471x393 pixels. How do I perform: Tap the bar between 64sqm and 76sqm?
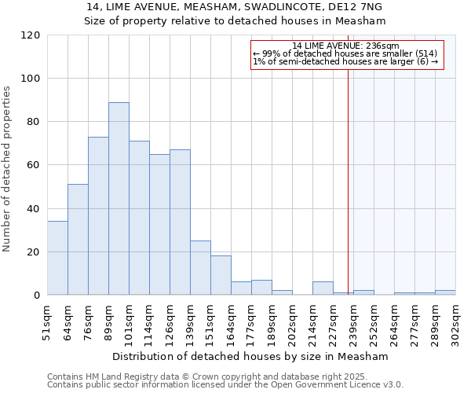pyautogui.click(x=78, y=240)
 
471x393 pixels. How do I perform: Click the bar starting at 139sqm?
pyautogui.click(x=200, y=268)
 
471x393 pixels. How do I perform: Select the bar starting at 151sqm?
pyautogui.click(x=221, y=275)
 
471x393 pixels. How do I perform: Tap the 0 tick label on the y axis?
pyautogui.click(x=36, y=296)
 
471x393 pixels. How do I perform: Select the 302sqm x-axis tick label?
pyautogui.click(x=455, y=321)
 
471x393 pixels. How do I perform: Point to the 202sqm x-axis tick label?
pyautogui.click(x=292, y=321)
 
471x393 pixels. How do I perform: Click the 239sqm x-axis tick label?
pyautogui.click(x=353, y=321)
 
